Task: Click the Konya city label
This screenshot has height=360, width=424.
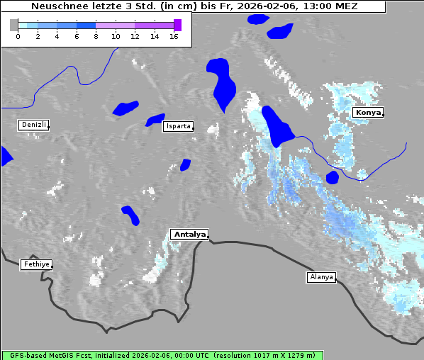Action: pyautogui.click(x=368, y=113)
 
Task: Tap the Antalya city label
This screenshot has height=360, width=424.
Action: pyautogui.click(x=189, y=234)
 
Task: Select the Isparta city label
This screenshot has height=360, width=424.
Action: pyautogui.click(x=177, y=126)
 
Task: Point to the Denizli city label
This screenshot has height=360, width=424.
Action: pyautogui.click(x=34, y=125)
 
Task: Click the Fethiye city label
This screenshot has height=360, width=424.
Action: pyautogui.click(x=36, y=264)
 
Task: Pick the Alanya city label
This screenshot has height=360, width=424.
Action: pyautogui.click(x=321, y=277)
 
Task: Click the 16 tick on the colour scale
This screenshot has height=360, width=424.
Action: pyautogui.click(x=174, y=36)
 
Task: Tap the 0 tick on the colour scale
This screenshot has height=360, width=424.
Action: pyautogui.click(x=18, y=36)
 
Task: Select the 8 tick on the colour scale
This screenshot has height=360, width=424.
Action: pyautogui.click(x=96, y=36)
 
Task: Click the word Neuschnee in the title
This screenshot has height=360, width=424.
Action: pyautogui.click(x=57, y=6)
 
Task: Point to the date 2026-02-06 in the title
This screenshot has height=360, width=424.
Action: pyautogui.click(x=267, y=6)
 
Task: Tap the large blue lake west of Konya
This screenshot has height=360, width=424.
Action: pyautogui.click(x=277, y=127)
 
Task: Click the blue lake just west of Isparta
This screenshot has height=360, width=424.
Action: pyautogui.click(x=155, y=120)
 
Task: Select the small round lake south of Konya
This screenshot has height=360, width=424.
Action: pyautogui.click(x=332, y=177)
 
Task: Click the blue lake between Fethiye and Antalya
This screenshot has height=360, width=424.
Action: pyautogui.click(x=130, y=215)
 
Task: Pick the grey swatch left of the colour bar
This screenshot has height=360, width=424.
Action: pyautogui.click(x=14, y=25)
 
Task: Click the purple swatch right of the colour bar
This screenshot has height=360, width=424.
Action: pyautogui.click(x=177, y=25)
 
